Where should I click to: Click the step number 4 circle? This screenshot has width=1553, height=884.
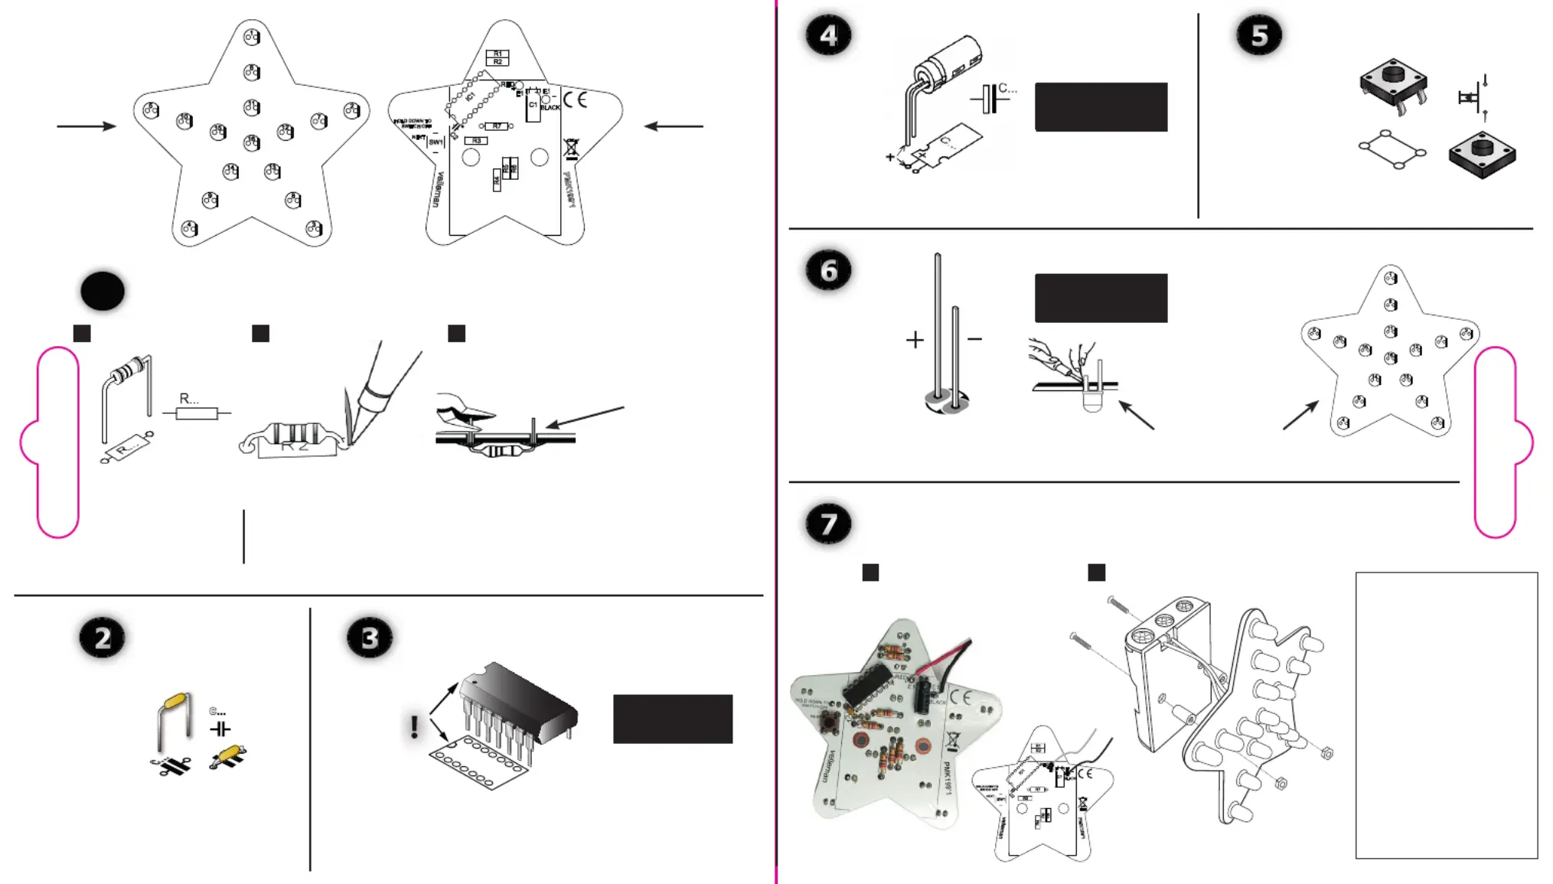828,36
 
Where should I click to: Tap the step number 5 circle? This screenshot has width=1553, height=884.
1259,36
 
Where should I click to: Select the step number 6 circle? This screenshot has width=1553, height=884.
828,271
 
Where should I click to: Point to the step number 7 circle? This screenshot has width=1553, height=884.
828,524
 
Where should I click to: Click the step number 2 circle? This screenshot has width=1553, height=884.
103,638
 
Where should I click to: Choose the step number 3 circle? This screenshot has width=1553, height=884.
370,638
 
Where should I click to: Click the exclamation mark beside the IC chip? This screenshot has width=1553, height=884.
414,726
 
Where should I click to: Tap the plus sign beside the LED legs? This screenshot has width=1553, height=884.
915,340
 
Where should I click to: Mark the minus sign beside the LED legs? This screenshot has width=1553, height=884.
974,339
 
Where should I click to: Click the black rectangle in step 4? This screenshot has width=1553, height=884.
1101,107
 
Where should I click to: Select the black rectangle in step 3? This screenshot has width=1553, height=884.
673,719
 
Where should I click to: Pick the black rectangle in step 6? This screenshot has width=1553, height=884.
1101,298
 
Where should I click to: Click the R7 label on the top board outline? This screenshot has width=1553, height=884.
497,126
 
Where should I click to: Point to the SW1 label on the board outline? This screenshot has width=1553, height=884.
436,142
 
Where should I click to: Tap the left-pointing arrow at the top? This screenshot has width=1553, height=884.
674,126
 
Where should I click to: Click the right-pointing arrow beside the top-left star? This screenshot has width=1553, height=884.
86,126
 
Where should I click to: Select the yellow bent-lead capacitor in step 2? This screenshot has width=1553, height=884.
176,702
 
